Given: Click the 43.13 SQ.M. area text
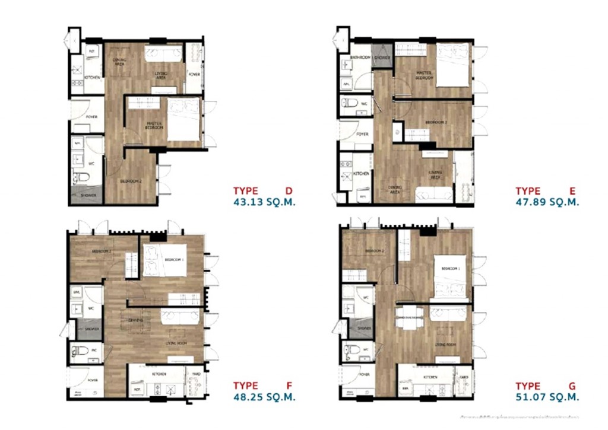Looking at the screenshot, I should pos(264,202).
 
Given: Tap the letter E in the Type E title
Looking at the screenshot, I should pos(572,191).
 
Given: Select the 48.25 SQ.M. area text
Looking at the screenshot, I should pos(264,397).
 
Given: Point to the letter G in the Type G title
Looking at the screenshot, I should pos(572,386).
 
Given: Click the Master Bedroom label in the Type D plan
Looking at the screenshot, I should pos(154,126).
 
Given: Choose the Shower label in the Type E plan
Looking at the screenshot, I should pos(382,58).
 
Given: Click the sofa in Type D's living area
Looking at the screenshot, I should pos(164,55).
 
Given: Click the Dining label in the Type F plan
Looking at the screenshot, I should pos(135,320).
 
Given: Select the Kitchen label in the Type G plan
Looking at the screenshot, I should pos(430,377).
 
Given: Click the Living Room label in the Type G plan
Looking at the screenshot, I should pos(444,345).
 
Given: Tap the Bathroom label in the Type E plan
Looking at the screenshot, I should pos(360,58).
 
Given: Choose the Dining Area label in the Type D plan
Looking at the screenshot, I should pos(119,61).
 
